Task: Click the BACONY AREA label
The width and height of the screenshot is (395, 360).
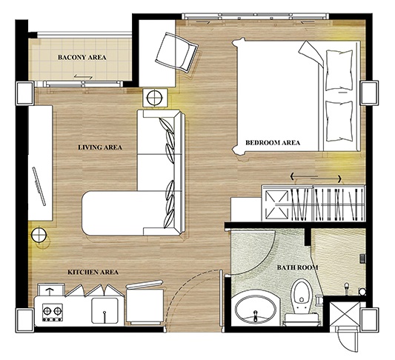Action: click(x=82, y=57)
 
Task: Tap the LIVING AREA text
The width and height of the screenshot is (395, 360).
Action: click(x=100, y=147)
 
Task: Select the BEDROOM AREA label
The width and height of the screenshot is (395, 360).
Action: click(x=273, y=143)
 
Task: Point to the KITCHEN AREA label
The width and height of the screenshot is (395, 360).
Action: click(x=93, y=272)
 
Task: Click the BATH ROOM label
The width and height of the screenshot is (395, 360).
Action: click(x=297, y=267)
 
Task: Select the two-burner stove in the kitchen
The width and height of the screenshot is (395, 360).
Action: click(x=53, y=312)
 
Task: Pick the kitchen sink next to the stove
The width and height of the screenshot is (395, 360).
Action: click(x=104, y=310)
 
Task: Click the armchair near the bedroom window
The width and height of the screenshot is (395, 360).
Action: click(x=176, y=53)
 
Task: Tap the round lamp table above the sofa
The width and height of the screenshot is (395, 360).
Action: click(x=155, y=98)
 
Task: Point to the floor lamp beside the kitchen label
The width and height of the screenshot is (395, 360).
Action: click(x=39, y=235)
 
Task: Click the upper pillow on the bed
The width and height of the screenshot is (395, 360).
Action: click(x=339, y=70)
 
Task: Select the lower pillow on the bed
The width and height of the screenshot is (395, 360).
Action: click(x=339, y=121)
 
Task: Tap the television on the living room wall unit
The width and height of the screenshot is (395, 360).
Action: click(x=39, y=186)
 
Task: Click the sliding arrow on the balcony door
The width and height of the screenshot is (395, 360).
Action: click(x=83, y=76)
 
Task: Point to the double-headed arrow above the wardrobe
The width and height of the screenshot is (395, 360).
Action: click(x=316, y=179)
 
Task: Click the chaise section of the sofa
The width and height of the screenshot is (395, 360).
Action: click(x=124, y=213)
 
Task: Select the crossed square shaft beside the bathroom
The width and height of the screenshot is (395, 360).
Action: click(x=345, y=313)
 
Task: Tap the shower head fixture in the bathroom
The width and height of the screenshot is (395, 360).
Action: click(x=347, y=288)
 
